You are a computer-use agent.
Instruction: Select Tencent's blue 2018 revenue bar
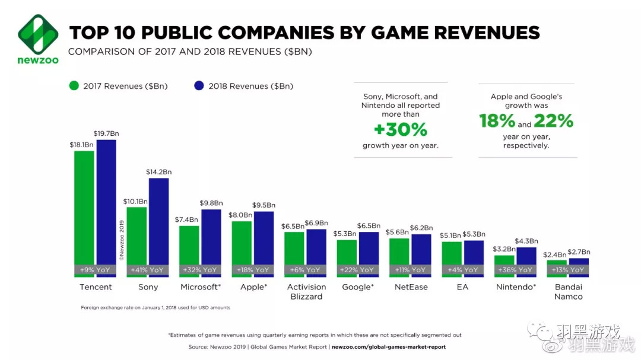coord(106,202)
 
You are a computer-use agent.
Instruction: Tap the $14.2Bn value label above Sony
coord(158,172)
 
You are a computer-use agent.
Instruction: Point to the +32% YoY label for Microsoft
coord(201,270)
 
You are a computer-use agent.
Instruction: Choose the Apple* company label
coord(253,287)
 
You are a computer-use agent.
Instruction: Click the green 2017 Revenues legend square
coord(74,86)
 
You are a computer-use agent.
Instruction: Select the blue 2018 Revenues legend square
coord(199,86)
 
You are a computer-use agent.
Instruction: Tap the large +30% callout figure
coord(401,129)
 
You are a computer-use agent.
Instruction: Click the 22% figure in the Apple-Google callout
coord(553,121)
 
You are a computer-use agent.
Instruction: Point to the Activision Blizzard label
coord(306,292)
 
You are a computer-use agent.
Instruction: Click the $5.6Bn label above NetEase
coord(398,232)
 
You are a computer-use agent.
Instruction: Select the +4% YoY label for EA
coord(463,270)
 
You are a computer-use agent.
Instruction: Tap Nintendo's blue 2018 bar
coord(526,256)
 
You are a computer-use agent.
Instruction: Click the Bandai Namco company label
coord(568,292)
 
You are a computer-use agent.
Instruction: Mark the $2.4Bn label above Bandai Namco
coord(555,254)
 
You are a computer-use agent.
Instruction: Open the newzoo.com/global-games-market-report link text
coord(389,346)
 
